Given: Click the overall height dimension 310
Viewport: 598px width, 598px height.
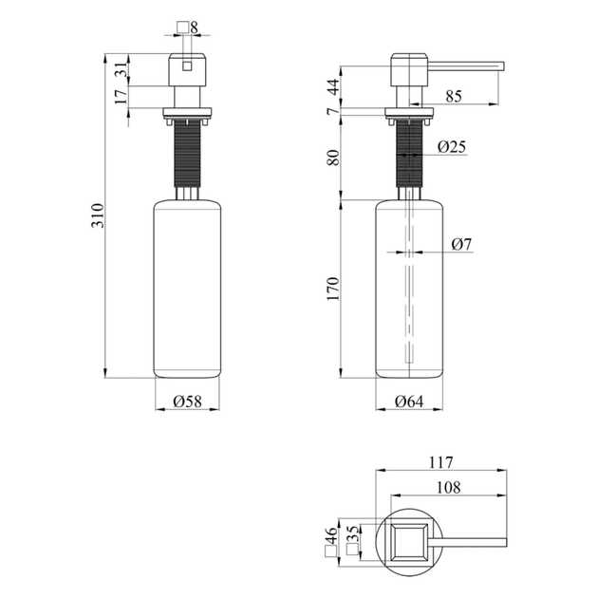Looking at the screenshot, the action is coord(98,215).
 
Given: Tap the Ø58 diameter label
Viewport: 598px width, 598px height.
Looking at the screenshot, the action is coord(187,401).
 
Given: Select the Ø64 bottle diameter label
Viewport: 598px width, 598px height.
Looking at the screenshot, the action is coord(409,402).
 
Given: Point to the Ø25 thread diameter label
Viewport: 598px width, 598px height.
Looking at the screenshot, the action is coord(452,146).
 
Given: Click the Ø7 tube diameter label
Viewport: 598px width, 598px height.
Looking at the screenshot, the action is coord(461,244).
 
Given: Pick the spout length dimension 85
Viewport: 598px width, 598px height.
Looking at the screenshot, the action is coord(454,97).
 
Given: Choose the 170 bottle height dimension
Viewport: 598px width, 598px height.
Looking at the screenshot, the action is coord(333,289).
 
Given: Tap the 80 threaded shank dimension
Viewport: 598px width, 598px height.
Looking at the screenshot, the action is coord(333,158).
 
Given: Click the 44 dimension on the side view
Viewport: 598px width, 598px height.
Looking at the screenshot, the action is coord(333,87).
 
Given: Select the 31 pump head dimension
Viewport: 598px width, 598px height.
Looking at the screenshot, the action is coord(121,69).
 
